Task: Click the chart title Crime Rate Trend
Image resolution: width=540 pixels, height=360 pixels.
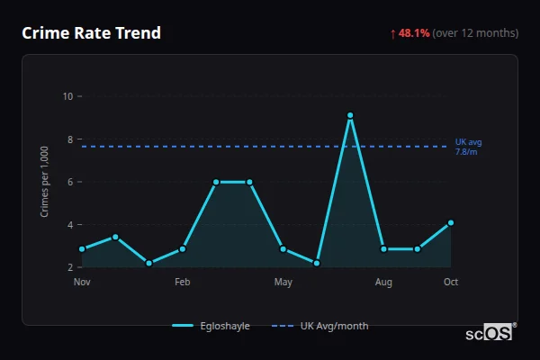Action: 91,33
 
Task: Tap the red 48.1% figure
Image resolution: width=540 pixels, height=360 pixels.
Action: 414,33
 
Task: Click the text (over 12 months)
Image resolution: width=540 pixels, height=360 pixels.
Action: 475,33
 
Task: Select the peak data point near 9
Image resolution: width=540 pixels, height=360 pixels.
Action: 350,115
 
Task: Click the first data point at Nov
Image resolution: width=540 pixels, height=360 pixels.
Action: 82,248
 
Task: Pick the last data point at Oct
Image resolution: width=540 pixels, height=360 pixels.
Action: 451,222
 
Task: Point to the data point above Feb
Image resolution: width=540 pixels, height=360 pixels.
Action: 183,248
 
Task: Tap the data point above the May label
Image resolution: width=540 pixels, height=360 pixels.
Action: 283,248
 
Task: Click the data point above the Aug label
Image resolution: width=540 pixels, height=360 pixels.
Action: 383,248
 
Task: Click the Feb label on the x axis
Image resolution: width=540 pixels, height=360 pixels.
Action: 183,283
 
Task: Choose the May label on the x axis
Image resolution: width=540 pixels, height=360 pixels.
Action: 283,283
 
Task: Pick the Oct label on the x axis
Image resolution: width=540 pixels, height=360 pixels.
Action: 451,283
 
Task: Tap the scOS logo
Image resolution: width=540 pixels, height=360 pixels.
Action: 490,333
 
